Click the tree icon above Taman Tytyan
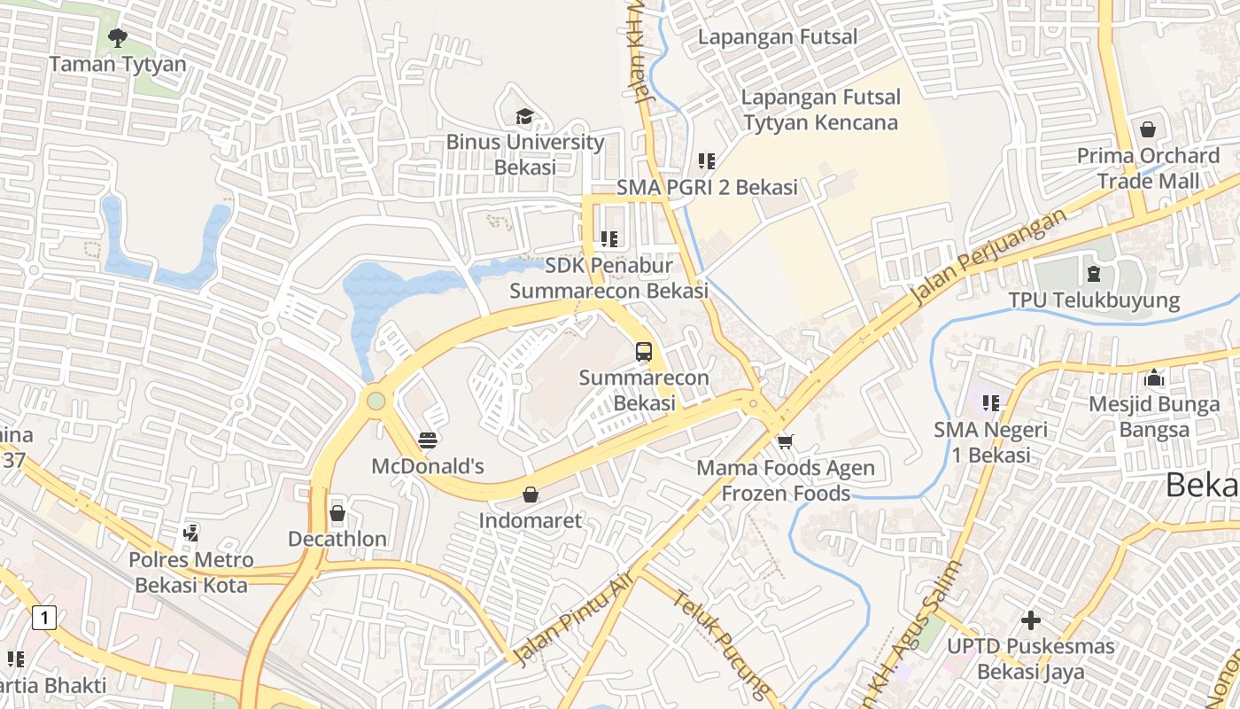point(117,37)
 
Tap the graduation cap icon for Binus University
point(524,116)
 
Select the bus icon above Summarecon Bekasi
point(644,351)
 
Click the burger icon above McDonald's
point(428,440)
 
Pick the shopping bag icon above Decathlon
point(337,513)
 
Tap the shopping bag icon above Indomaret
point(531,495)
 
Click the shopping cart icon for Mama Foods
point(785,441)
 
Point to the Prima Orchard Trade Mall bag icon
point(1148,129)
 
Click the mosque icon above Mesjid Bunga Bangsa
point(1153,378)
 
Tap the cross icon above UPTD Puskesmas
point(1030,620)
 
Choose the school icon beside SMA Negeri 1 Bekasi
point(990,403)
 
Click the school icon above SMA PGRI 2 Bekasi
point(707,161)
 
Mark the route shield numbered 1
point(44,617)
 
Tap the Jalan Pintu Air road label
point(574,619)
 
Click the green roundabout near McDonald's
point(376,401)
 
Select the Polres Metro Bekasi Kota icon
point(190,534)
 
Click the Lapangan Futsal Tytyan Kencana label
point(820,110)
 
